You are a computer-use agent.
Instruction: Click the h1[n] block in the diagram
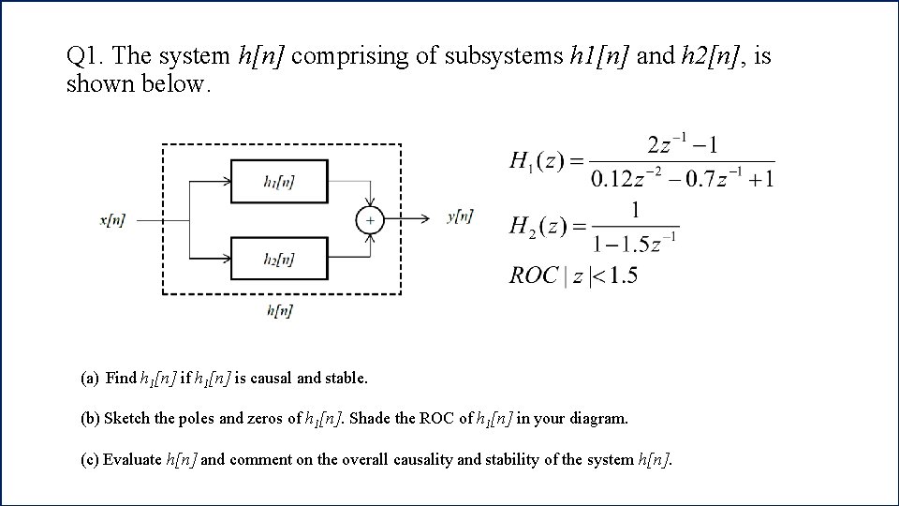pos(279,182)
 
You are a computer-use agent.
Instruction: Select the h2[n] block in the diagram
pos(279,259)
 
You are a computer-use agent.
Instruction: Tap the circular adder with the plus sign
pos(370,220)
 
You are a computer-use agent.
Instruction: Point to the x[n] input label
pos(112,220)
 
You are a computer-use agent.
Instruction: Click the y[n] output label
pos(460,216)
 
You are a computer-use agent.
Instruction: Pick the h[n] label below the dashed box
pos(279,310)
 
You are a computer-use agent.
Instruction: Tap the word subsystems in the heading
pos(504,57)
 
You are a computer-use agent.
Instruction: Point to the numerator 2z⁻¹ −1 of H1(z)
pos(682,146)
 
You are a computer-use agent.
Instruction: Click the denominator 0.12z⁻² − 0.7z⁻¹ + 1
pos(683,178)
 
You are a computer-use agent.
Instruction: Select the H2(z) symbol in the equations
pos(534,225)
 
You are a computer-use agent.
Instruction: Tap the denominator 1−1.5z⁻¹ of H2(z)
pos(635,244)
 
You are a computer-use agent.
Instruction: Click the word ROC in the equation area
pos(533,275)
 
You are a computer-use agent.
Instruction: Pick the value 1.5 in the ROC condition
pos(622,275)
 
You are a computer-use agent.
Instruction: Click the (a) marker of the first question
pos(90,379)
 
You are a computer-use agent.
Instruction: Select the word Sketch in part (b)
pos(127,419)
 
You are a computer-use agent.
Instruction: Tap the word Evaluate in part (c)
pos(132,459)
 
